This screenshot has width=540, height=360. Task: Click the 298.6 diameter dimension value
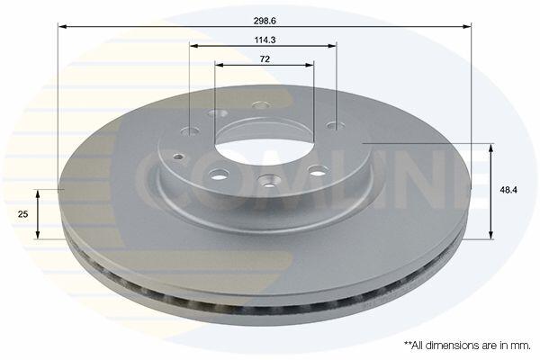click(x=265, y=21)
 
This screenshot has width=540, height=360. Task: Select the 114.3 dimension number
click(x=265, y=40)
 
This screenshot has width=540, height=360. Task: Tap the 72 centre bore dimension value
click(x=265, y=59)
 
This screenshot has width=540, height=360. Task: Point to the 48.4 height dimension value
click(x=509, y=190)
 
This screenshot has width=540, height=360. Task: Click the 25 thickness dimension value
click(x=22, y=214)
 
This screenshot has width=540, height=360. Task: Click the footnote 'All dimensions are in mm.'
click(x=467, y=346)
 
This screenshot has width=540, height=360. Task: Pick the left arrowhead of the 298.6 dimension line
click(x=62, y=26)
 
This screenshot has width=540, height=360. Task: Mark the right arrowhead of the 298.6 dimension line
click(x=466, y=26)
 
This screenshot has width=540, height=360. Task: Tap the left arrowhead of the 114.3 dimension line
click(x=193, y=46)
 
